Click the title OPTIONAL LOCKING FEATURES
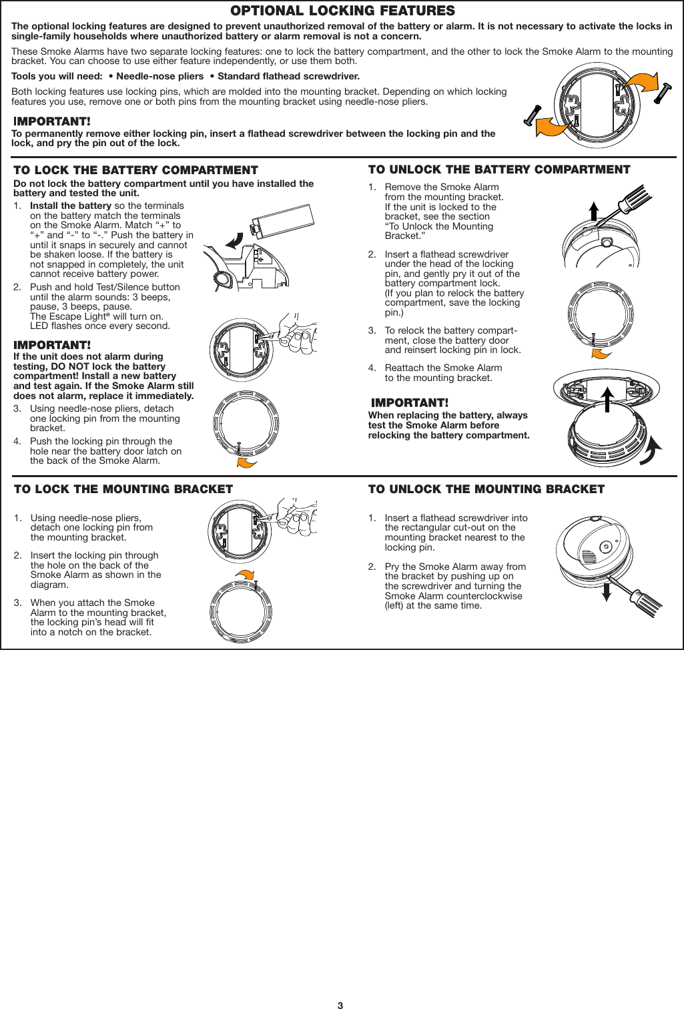click(x=342, y=11)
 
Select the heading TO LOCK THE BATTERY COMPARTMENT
click(x=135, y=170)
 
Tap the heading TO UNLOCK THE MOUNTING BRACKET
click(x=486, y=489)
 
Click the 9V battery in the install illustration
click(x=281, y=220)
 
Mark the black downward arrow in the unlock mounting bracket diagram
click(x=607, y=591)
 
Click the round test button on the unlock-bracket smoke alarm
click(x=606, y=547)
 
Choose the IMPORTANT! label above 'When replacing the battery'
click(x=410, y=403)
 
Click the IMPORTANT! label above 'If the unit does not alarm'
click(x=52, y=345)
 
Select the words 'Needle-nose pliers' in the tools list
click(x=159, y=77)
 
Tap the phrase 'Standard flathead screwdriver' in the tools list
click(x=288, y=77)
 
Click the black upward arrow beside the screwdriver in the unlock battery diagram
click(x=594, y=212)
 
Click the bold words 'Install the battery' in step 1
click(x=70, y=206)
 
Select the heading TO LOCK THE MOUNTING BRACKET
click(x=123, y=489)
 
